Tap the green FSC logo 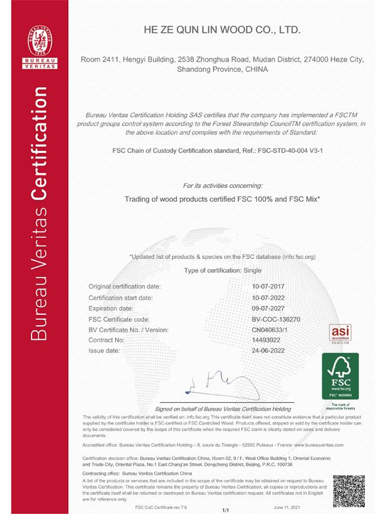coord(340,377)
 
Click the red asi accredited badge coord(340,333)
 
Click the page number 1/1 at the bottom coord(226,510)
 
